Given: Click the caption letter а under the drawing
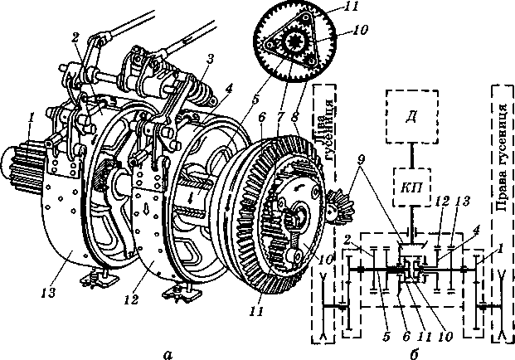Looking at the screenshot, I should pyautogui.click(x=168, y=354).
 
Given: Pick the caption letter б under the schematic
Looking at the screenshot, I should pyautogui.click(x=413, y=354).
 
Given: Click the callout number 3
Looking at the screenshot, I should pyautogui.click(x=211, y=60).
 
